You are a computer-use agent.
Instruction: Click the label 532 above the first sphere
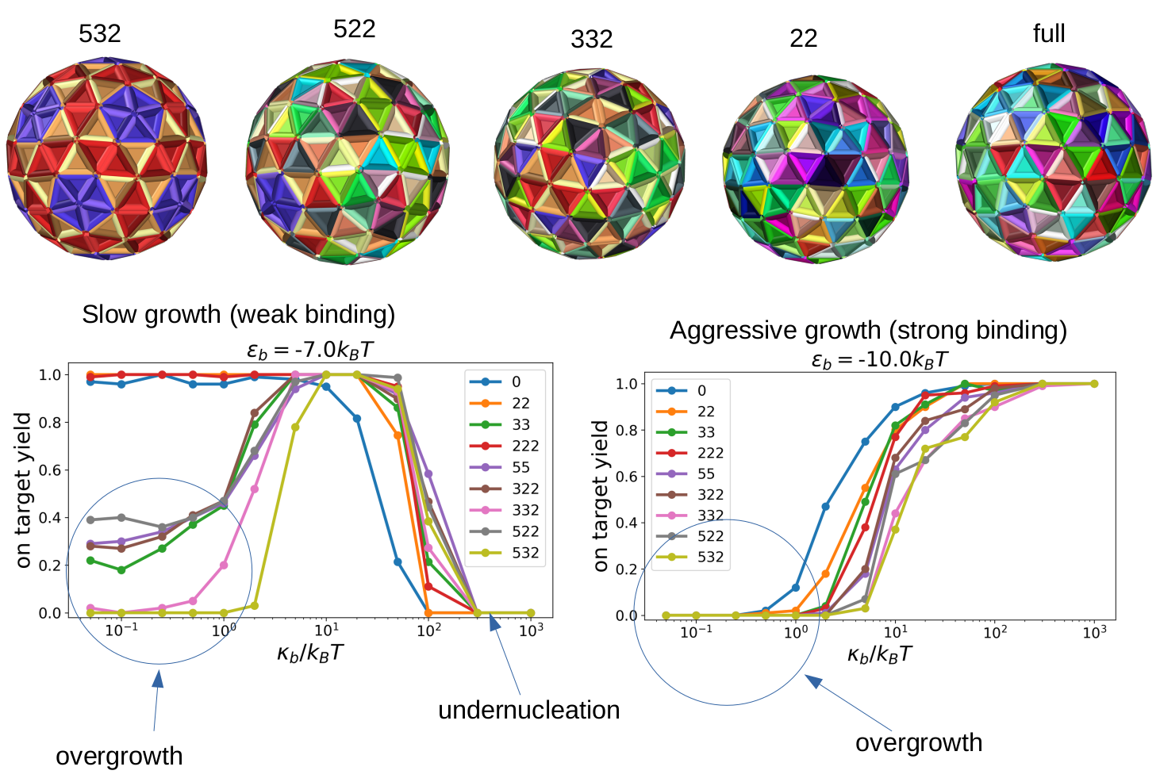(100, 33)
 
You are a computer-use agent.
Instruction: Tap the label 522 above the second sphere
(354, 29)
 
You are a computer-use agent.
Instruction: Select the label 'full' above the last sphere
(1048, 33)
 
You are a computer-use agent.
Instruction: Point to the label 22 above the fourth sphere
(803, 38)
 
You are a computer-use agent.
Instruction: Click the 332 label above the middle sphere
(591, 39)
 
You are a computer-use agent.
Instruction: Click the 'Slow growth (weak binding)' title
(238, 314)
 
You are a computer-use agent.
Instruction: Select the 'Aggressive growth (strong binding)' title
(868, 330)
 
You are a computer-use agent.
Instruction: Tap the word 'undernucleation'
(528, 710)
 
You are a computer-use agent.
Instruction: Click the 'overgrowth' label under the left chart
(119, 756)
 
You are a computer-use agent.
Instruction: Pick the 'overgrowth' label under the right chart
(919, 742)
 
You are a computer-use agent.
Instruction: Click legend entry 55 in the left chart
(520, 467)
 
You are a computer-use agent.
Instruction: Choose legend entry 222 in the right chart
(710, 453)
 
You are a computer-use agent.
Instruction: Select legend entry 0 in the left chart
(516, 381)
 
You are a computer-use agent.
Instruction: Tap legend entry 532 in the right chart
(710, 557)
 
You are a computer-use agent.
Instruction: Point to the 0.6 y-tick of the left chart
(50, 470)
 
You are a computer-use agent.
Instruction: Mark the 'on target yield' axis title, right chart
(601, 496)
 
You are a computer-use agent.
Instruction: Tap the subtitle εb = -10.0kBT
(879, 359)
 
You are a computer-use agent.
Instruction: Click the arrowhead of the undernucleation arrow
(494, 623)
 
